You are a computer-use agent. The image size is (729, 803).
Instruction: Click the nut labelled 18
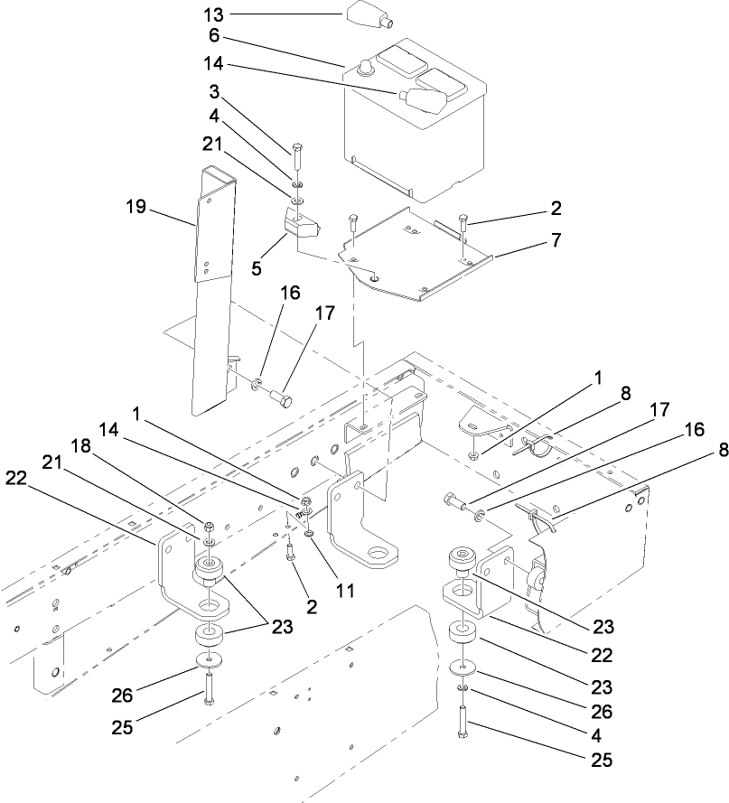click(209, 527)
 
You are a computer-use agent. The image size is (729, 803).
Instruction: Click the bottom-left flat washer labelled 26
click(209, 668)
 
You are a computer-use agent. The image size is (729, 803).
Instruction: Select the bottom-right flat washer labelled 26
click(464, 669)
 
